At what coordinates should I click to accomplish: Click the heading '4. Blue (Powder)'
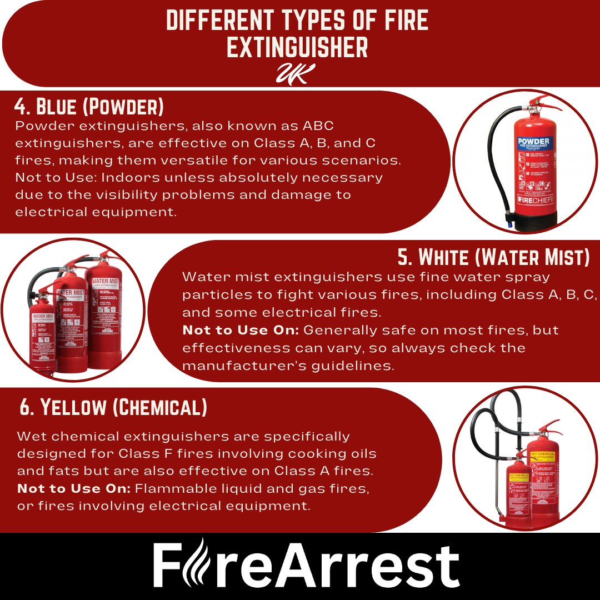pos(89,107)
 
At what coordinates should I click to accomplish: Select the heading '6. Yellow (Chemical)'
pos(113,407)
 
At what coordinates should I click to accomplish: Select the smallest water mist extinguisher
pos(43,333)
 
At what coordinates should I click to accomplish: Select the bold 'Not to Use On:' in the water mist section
pos(241,330)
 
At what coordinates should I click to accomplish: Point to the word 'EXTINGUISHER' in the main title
pos(297,48)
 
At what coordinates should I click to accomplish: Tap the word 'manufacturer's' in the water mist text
pos(247,366)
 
